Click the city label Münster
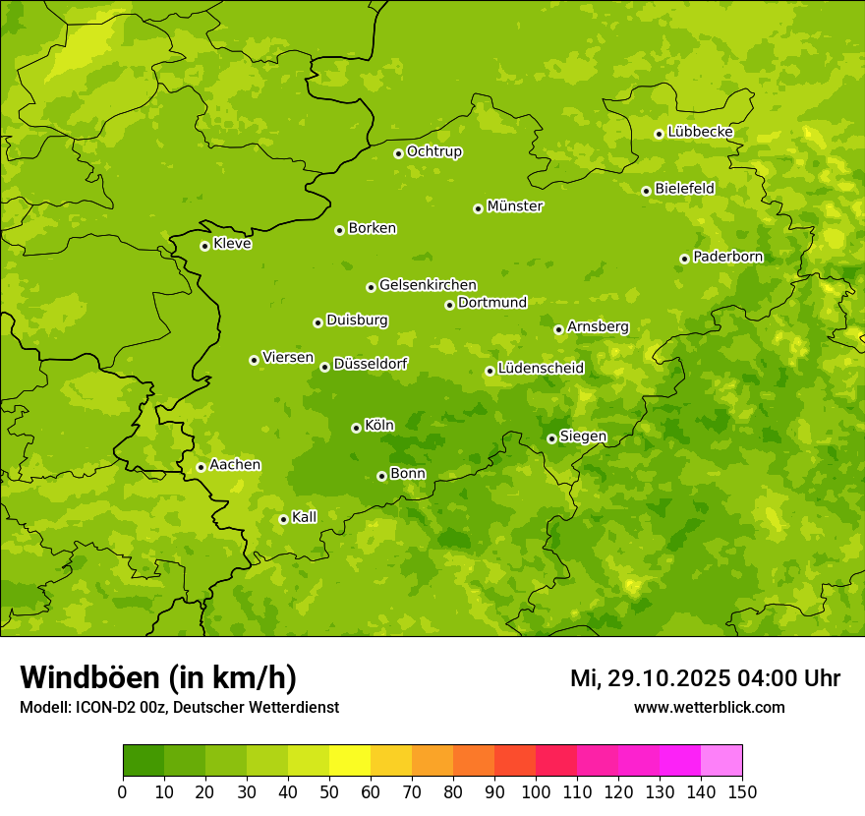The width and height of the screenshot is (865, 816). [515, 206]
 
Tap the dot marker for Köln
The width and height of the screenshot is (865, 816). [356, 428]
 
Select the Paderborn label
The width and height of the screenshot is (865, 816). [727, 257]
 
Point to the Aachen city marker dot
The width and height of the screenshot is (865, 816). [201, 467]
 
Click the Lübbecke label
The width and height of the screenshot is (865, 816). [700, 132]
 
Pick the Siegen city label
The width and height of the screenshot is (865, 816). [583, 437]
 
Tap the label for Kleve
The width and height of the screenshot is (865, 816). [232, 244]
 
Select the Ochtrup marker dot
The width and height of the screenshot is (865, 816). [398, 153]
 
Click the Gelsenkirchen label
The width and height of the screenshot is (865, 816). [428, 285]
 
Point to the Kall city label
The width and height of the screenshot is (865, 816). [305, 517]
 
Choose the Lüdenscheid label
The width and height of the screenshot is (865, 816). [541, 369]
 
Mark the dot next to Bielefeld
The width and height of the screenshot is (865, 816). [646, 191]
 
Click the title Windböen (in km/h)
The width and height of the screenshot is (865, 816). [158, 677]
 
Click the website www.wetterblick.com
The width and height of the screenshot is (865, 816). [709, 707]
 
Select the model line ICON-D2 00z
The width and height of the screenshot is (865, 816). [118, 707]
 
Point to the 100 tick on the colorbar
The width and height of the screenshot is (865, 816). [536, 791]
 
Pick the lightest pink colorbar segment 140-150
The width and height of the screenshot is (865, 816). [721, 760]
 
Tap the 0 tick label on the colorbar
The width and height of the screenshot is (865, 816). [123, 791]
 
